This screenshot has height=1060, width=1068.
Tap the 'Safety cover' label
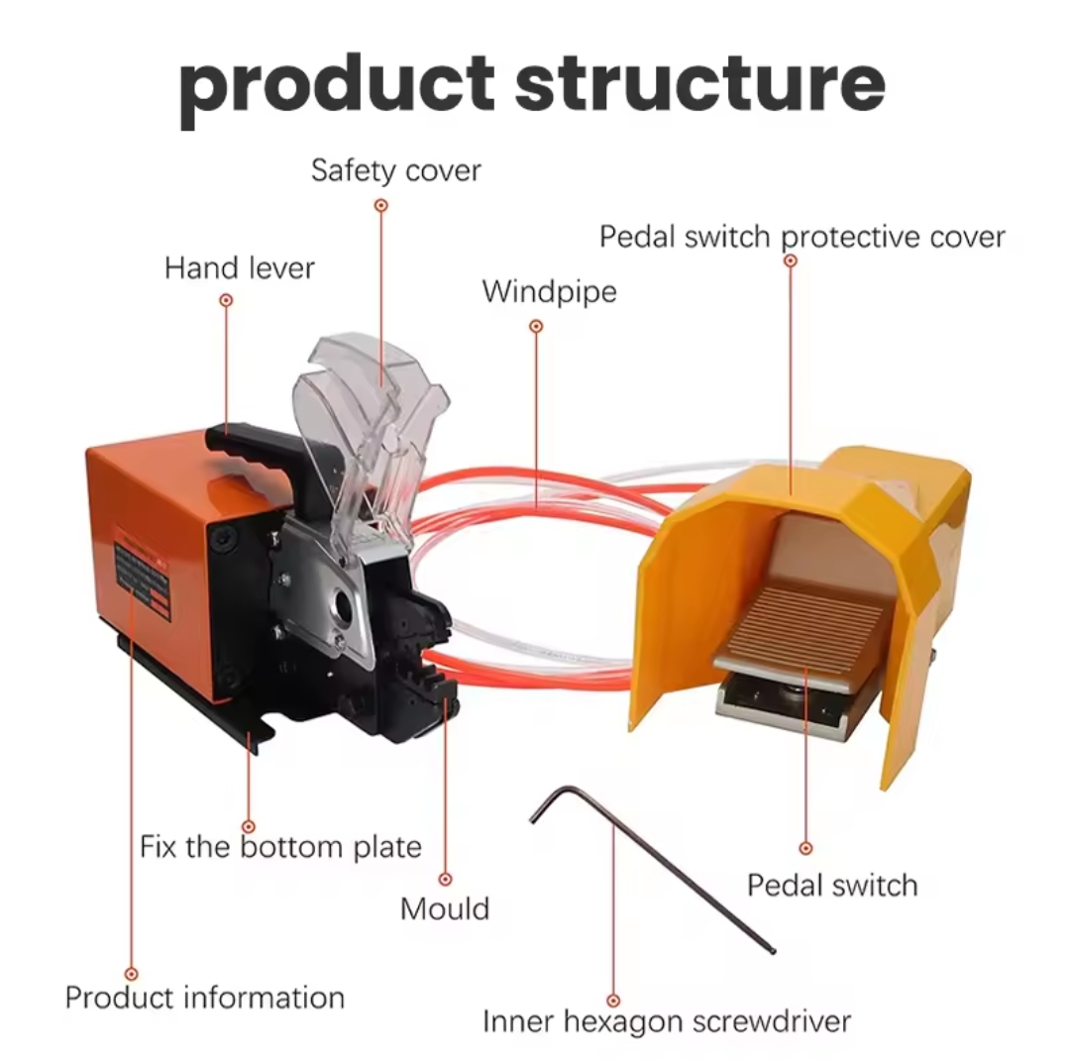click(395, 169)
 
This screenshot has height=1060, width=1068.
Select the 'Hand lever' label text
click(239, 267)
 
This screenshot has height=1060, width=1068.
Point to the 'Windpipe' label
click(549, 291)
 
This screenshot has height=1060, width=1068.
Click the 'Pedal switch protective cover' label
click(802, 237)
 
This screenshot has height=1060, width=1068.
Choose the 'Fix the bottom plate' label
click(280, 847)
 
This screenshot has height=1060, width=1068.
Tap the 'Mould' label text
click(445, 908)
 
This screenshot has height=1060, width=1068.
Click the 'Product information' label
click(205, 997)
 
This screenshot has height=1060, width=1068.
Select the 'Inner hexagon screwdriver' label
click(667, 1020)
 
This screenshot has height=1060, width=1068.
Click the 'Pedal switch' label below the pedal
click(832, 885)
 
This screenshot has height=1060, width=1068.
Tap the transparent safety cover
click(372, 406)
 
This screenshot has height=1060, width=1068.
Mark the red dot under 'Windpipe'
click(536, 326)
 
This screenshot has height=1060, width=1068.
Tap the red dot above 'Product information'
click(131, 975)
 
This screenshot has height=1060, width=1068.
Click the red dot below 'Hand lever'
click(226, 299)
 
